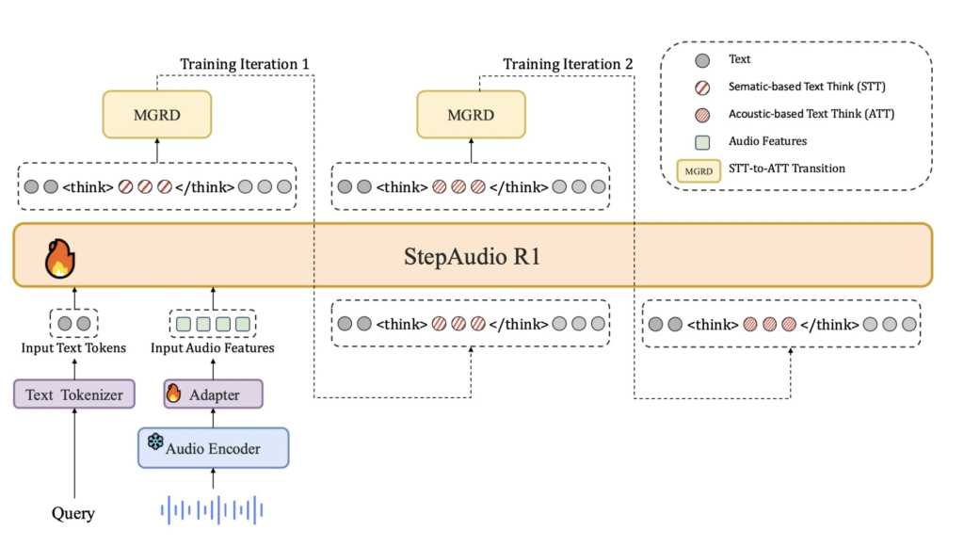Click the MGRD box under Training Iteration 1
point(157,115)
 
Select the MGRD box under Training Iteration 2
point(471,115)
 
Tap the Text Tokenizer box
point(74,394)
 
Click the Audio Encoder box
point(213,448)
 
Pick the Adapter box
point(213,394)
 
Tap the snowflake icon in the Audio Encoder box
point(155,442)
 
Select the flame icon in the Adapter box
point(173,393)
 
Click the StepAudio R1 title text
point(474,256)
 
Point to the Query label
point(73,513)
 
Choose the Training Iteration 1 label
point(245,64)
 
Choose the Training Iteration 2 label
point(568,64)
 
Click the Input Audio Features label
point(213,348)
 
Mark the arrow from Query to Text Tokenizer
point(73,452)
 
